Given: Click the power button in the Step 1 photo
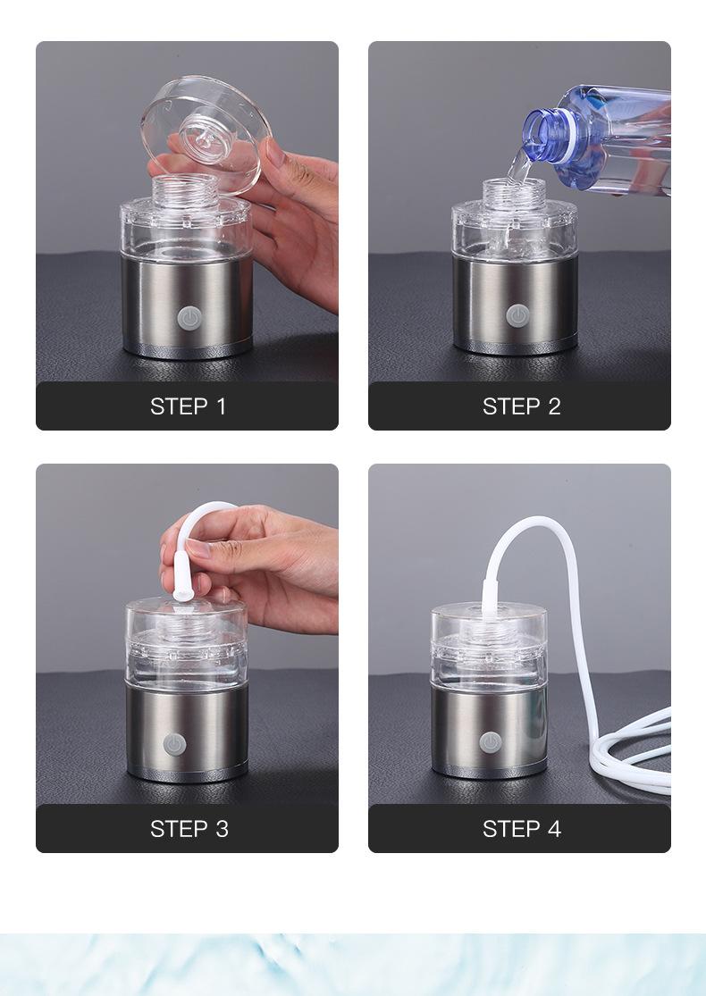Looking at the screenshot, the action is click(x=188, y=318).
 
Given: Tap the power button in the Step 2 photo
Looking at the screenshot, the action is click(x=517, y=315).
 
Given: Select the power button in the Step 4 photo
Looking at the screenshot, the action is click(x=490, y=742).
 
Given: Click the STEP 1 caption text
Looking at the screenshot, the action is click(x=188, y=406).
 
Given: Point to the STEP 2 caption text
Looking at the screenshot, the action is click(x=522, y=406).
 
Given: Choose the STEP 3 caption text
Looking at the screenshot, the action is click(x=189, y=829).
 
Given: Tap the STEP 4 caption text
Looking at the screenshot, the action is click(x=522, y=829).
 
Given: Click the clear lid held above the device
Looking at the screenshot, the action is click(x=206, y=133).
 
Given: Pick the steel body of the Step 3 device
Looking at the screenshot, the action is click(x=187, y=732).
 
